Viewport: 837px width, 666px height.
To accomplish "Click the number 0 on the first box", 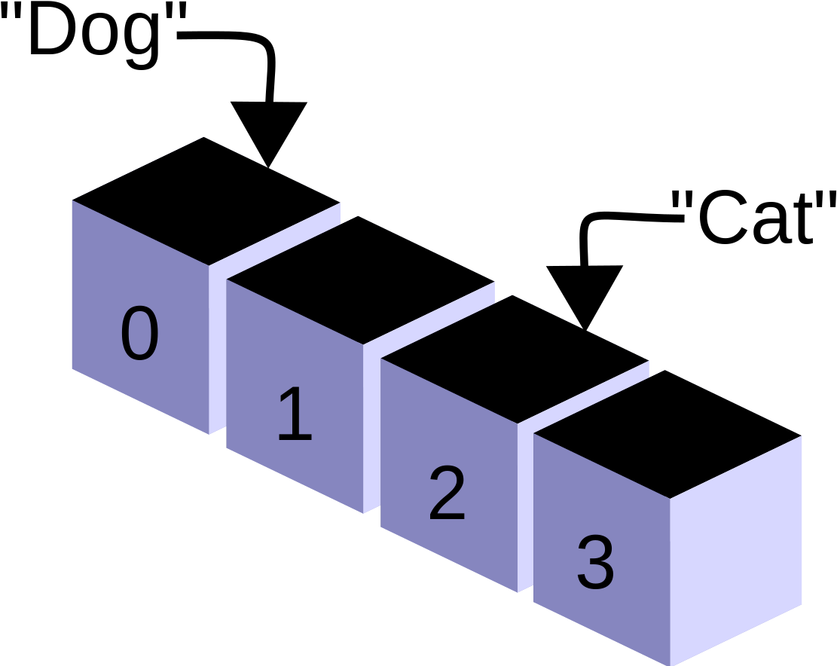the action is pyautogui.click(x=140, y=332).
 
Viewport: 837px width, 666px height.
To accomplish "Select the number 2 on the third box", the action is pyautogui.click(x=448, y=492).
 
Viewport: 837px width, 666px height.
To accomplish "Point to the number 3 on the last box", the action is pyautogui.click(x=596, y=562).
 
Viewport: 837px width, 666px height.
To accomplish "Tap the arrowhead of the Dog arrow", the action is pyautogui.click(x=268, y=134).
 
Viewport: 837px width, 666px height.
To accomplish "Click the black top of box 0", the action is pyautogui.click(x=206, y=201).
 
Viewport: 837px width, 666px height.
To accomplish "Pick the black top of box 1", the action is pyautogui.click(x=360, y=280).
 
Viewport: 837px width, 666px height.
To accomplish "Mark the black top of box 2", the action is pyautogui.click(x=515, y=359).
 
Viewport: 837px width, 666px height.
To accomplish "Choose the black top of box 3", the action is pyautogui.click(x=667, y=435).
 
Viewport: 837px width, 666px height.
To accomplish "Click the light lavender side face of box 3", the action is pyautogui.click(x=735, y=551).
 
